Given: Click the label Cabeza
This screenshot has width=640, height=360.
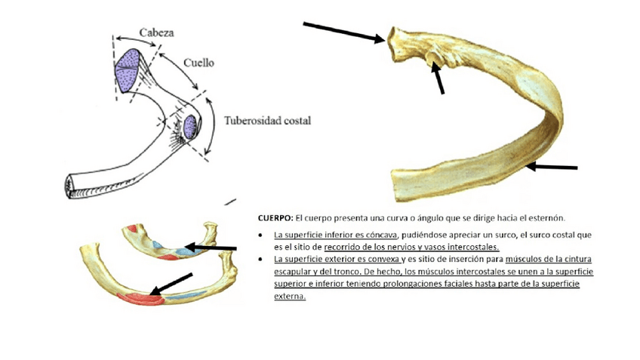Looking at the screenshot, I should (157, 33).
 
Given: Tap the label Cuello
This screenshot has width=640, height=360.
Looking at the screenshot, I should (198, 64).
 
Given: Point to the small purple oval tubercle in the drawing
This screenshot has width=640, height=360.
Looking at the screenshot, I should (189, 125).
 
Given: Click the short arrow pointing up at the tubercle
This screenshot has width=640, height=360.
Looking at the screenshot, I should (438, 78).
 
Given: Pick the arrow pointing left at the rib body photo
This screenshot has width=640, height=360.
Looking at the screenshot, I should (552, 166).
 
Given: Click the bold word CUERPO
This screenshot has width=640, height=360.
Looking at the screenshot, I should (275, 217).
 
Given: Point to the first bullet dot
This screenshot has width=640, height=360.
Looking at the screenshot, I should (261, 235).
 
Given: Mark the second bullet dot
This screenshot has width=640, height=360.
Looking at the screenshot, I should (261, 259).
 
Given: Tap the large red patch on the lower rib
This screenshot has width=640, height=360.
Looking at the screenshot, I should (143, 297).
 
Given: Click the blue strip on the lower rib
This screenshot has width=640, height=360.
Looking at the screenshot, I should (191, 292).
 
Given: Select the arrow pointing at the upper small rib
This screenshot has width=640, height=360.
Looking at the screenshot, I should (211, 248).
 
